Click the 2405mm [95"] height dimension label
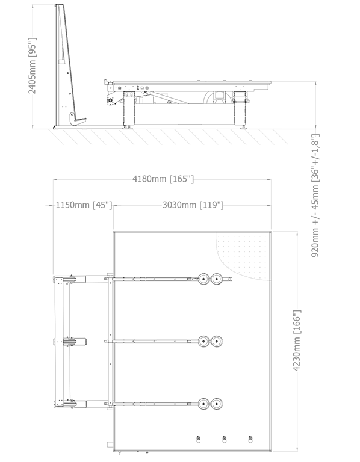(32, 66)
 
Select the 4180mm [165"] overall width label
(163, 179)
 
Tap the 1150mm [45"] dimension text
(84, 205)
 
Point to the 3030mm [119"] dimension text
(193, 205)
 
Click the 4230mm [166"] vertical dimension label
(297, 340)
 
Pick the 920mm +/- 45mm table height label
(315, 196)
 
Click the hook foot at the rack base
(78, 119)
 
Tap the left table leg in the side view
(129, 109)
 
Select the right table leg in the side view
(240, 109)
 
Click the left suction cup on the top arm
(203, 279)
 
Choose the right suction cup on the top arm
(216, 279)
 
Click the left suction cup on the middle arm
(203, 341)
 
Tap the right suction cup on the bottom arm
(216, 404)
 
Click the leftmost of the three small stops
(199, 439)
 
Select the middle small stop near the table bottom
(225, 439)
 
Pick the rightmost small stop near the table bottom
(250, 439)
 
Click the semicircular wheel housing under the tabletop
(218, 97)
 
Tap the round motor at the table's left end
(111, 100)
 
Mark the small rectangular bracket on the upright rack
(61, 61)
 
